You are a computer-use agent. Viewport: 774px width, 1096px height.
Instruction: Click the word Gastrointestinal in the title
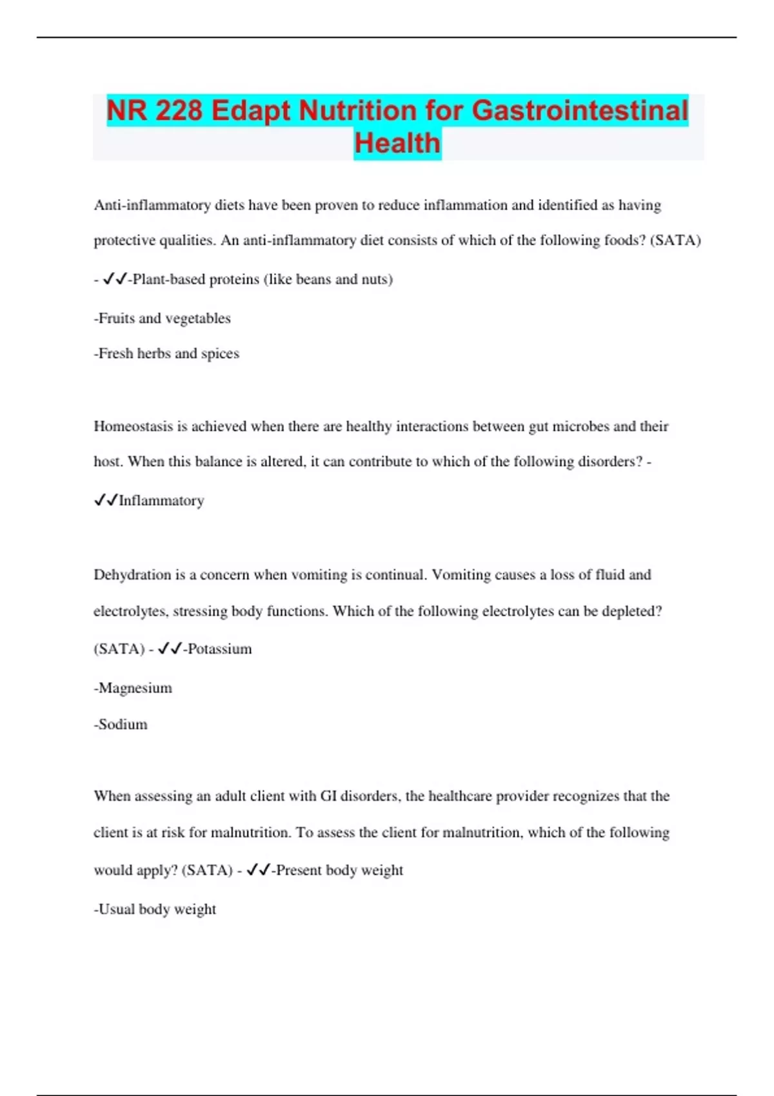coord(580,110)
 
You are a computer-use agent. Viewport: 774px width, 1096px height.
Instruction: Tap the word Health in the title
coord(397,143)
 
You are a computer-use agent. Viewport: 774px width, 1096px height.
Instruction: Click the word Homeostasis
coord(134,426)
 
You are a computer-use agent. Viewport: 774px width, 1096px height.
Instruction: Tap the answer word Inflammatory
coord(161,501)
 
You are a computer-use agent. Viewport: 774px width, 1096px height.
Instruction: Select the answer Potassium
coord(219,649)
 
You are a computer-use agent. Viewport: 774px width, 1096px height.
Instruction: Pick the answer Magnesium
coord(135,688)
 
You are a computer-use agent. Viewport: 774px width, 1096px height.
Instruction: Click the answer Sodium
coord(123,725)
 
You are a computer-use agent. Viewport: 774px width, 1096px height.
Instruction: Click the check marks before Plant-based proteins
coord(114,279)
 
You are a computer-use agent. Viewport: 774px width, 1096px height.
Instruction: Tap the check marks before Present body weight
coord(258,870)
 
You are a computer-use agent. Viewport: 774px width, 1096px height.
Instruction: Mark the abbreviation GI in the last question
coord(328,796)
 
